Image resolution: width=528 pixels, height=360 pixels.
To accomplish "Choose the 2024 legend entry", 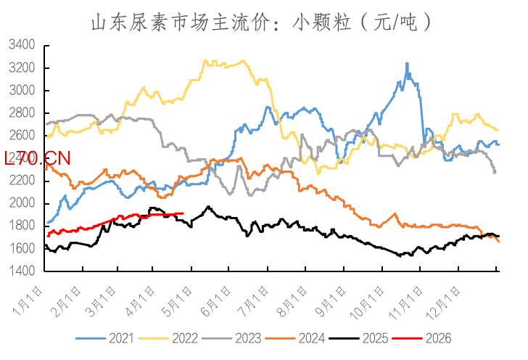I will [294, 338].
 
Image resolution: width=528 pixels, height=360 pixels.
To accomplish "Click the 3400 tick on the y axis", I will [23, 46].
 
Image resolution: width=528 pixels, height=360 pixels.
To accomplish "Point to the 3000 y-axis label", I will [23, 91].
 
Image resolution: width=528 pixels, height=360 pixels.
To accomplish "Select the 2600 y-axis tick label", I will [23, 136].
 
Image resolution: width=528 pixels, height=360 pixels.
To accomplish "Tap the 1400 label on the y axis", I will [23, 271].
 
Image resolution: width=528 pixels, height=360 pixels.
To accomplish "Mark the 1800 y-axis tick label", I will [23, 226].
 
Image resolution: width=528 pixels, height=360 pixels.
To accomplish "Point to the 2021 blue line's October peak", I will [407, 64].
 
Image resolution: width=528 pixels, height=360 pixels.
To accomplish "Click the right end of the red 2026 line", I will [182, 213].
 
